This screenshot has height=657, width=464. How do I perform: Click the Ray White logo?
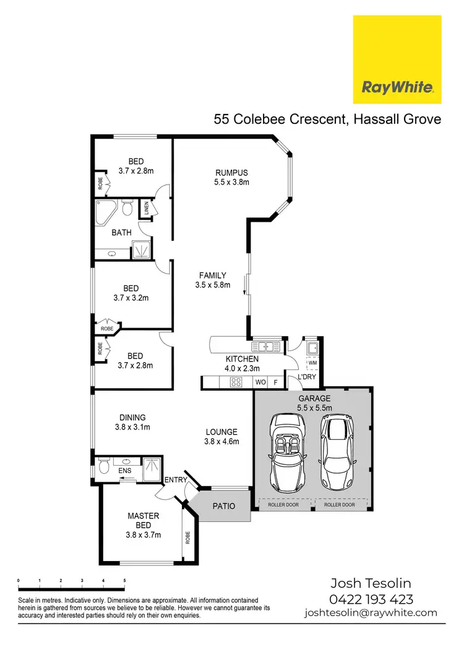397,60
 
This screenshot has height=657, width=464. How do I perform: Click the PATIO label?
224,506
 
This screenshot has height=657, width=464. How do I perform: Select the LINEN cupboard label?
147,209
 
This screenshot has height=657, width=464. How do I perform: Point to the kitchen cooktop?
235,382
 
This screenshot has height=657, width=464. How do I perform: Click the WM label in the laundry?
312,362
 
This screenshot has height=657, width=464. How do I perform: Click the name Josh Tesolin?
371,583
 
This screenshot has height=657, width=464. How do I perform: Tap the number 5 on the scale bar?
124,580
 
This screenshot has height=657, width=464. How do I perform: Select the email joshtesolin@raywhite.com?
371,613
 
